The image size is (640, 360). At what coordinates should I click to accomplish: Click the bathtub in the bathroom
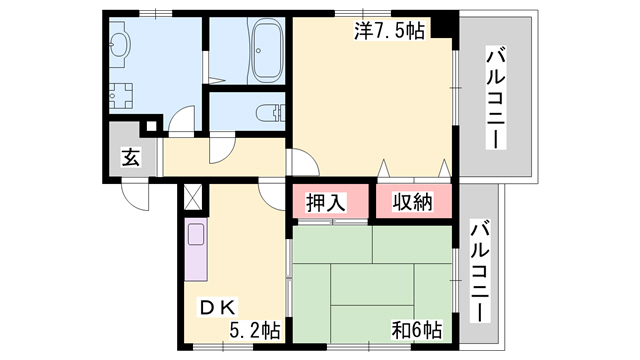tap(267, 51)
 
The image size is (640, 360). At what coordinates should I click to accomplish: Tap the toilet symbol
tap(270, 112)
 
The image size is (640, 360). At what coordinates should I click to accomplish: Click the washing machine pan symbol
tap(121, 96)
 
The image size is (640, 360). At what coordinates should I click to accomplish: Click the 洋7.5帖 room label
tap(389, 31)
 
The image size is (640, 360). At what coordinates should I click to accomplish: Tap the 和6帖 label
tap(417, 330)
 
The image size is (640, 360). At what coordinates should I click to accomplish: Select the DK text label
tap(218, 308)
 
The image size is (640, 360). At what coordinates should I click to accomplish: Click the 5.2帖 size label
tap(255, 330)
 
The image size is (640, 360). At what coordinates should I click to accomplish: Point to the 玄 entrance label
tap(131, 157)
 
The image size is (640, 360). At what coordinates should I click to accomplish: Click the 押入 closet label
tap(326, 202)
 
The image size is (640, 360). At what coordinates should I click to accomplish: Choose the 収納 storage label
tap(413, 201)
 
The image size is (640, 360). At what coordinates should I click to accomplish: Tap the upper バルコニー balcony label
tap(496, 98)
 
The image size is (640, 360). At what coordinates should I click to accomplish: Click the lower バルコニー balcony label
tap(480, 271)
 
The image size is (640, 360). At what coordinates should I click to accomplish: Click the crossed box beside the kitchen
tap(193, 198)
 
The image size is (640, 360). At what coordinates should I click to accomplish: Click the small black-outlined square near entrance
tap(151, 126)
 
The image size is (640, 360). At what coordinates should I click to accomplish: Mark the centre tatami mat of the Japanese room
tap(372, 284)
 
